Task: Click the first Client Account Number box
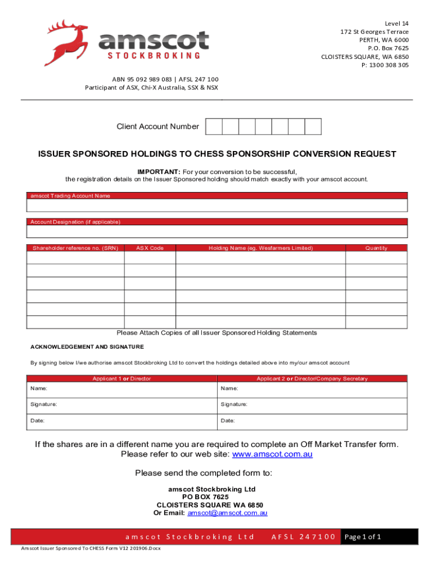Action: point(214,127)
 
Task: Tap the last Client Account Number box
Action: point(313,127)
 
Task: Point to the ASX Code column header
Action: point(150,248)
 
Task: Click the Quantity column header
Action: point(376,248)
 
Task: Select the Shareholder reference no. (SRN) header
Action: point(75,248)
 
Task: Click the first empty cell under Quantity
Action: point(376,258)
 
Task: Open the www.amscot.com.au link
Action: point(272,454)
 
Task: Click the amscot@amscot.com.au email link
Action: point(227,513)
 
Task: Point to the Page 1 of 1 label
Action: point(363,537)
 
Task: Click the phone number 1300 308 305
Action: point(389,65)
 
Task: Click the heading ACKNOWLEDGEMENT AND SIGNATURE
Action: point(87,347)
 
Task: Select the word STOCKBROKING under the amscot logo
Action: point(154,56)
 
